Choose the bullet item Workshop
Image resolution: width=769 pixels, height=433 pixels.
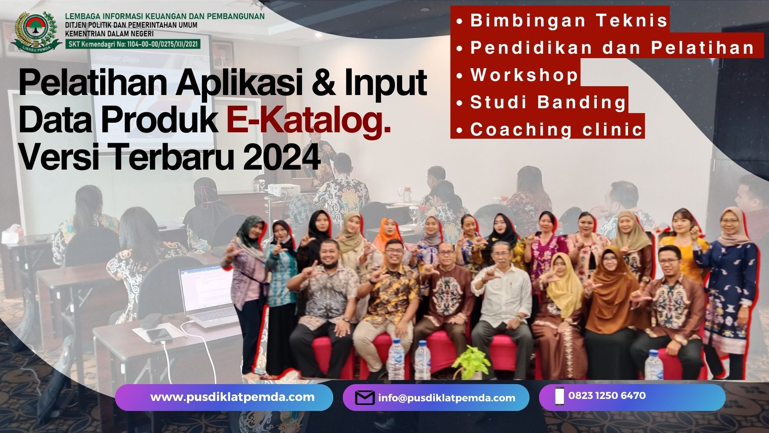click(x=517, y=75)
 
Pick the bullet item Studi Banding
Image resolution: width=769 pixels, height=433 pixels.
click(x=541, y=102)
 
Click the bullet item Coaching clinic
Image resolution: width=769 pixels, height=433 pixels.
click(x=550, y=129)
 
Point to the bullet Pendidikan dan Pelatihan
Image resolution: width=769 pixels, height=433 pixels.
click(x=606, y=48)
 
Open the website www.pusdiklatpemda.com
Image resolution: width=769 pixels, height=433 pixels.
click(x=232, y=397)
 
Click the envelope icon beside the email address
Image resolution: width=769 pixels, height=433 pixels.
click(x=365, y=398)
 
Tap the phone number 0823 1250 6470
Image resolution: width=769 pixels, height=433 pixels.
click(x=607, y=396)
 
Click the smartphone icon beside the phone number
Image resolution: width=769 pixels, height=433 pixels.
click(x=560, y=396)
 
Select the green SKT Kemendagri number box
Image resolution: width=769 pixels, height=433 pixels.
click(x=133, y=44)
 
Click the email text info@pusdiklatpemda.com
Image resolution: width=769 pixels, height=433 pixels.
click(x=447, y=398)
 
